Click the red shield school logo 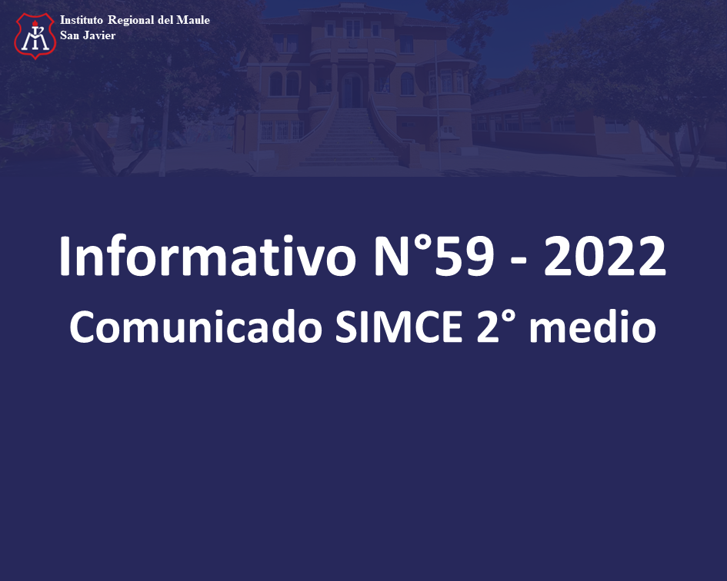coord(35,35)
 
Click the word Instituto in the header coord(81,20)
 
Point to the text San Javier coord(88,35)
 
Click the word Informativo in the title coord(207,256)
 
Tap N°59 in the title coord(434,256)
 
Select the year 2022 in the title coord(605,256)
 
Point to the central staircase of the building coord(351,137)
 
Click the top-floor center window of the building coord(353,28)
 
